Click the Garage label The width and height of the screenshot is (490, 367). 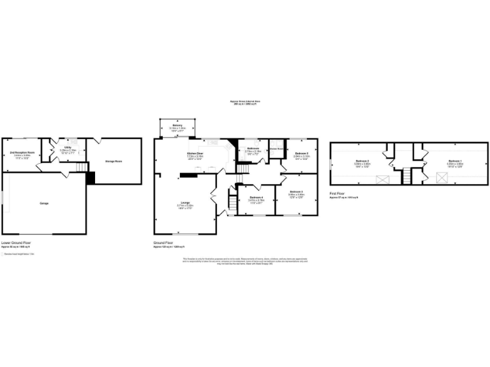44,203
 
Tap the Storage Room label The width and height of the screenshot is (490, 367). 113,161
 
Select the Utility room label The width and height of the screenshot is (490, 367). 68,148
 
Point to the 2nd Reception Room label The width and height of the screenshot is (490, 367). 22,153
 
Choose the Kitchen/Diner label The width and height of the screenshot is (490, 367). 195,153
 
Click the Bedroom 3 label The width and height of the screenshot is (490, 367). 296,192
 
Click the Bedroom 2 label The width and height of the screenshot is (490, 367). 362,161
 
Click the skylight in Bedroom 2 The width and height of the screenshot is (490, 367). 383,178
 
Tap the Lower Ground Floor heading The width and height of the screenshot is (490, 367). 15,243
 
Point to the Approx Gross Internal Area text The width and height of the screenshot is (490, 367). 245,102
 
